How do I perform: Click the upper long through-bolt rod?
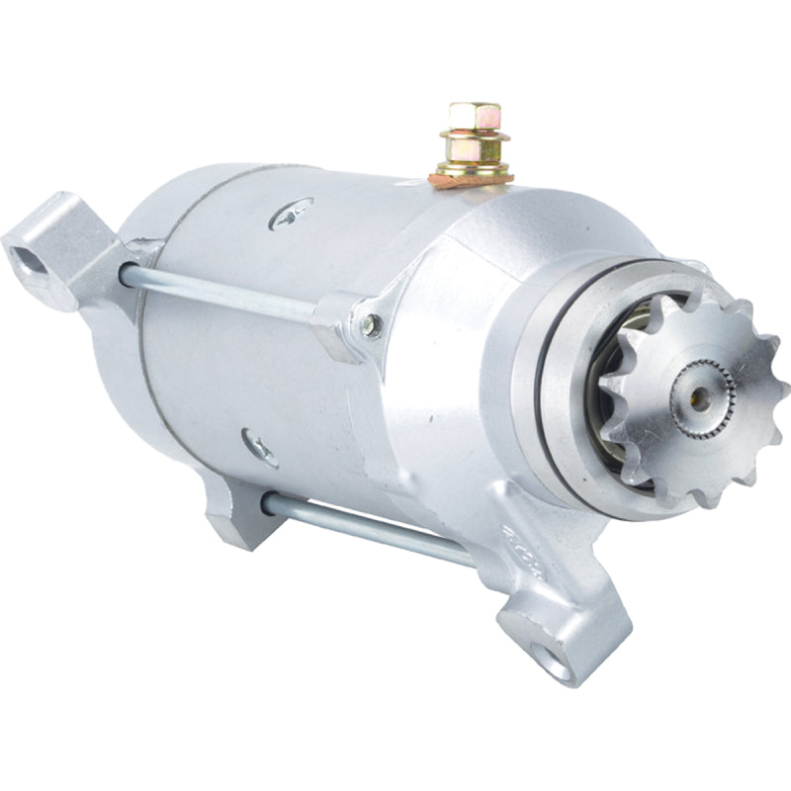(x=227, y=293)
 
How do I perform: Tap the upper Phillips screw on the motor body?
(x=292, y=211)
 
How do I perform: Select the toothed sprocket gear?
(x=682, y=395)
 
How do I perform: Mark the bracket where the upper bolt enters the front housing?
(x=346, y=321)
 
